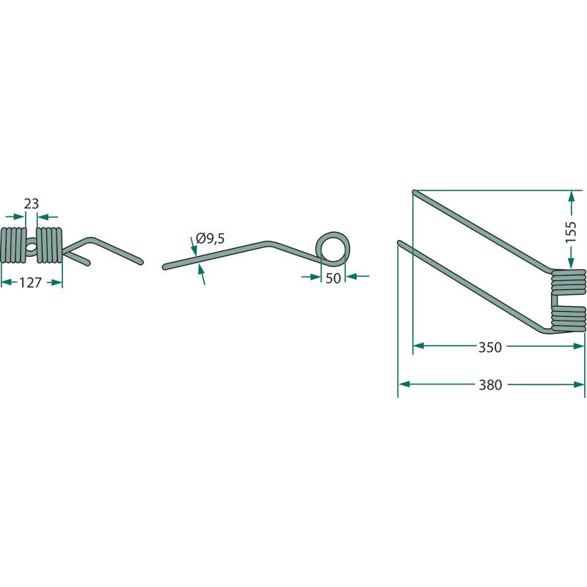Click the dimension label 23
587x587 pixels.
click(31, 204)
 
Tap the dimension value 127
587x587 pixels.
click(30, 282)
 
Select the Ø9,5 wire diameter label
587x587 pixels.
click(211, 238)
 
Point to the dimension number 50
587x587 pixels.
click(333, 278)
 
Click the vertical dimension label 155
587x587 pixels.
click(571, 232)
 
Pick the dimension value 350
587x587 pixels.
click(490, 347)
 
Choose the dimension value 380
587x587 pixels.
click(490, 384)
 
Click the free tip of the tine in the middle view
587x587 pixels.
click(164, 267)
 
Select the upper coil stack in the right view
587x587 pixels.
click(568, 282)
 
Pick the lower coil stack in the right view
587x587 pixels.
click(568, 318)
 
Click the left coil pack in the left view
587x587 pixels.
click(13, 245)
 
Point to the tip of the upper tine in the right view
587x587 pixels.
click(415, 192)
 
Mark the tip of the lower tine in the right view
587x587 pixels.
click(399, 243)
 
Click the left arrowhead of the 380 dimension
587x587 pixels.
click(404, 384)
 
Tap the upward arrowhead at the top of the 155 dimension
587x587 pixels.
click(571, 196)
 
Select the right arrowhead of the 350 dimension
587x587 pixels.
click(578, 346)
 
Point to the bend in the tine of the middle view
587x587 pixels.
click(267, 244)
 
